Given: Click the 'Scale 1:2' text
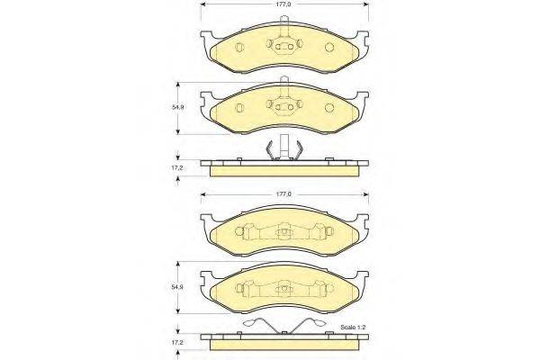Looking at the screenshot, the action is point(354,327).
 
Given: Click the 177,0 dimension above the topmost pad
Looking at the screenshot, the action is point(284,4).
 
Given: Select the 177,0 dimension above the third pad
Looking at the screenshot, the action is point(284,194).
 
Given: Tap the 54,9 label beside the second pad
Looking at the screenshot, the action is point(178,107).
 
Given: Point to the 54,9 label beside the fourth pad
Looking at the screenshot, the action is point(178,287).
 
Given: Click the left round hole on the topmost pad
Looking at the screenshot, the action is point(239,47).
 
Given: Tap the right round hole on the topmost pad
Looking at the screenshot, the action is point(329,47).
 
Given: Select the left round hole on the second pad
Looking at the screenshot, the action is point(239,108).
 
